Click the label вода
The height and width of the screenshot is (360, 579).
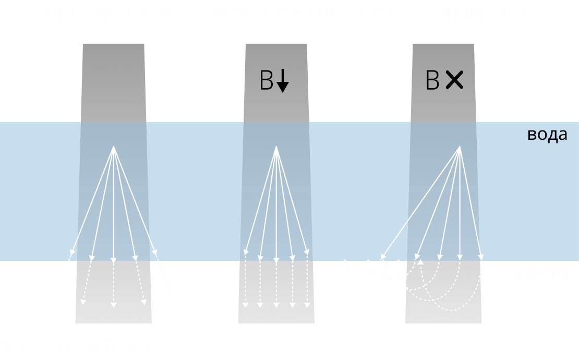point(547,135)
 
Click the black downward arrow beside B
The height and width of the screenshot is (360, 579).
point(282,81)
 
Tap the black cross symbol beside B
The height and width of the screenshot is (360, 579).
point(454,80)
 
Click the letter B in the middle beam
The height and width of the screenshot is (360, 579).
point(266,81)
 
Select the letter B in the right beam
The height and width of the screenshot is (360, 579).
point(432,81)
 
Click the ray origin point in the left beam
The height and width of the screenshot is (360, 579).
point(114,147)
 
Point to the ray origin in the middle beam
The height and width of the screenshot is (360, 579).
point(276,147)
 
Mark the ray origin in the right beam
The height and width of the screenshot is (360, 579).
point(460,147)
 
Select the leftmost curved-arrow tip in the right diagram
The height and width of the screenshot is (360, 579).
point(345,261)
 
